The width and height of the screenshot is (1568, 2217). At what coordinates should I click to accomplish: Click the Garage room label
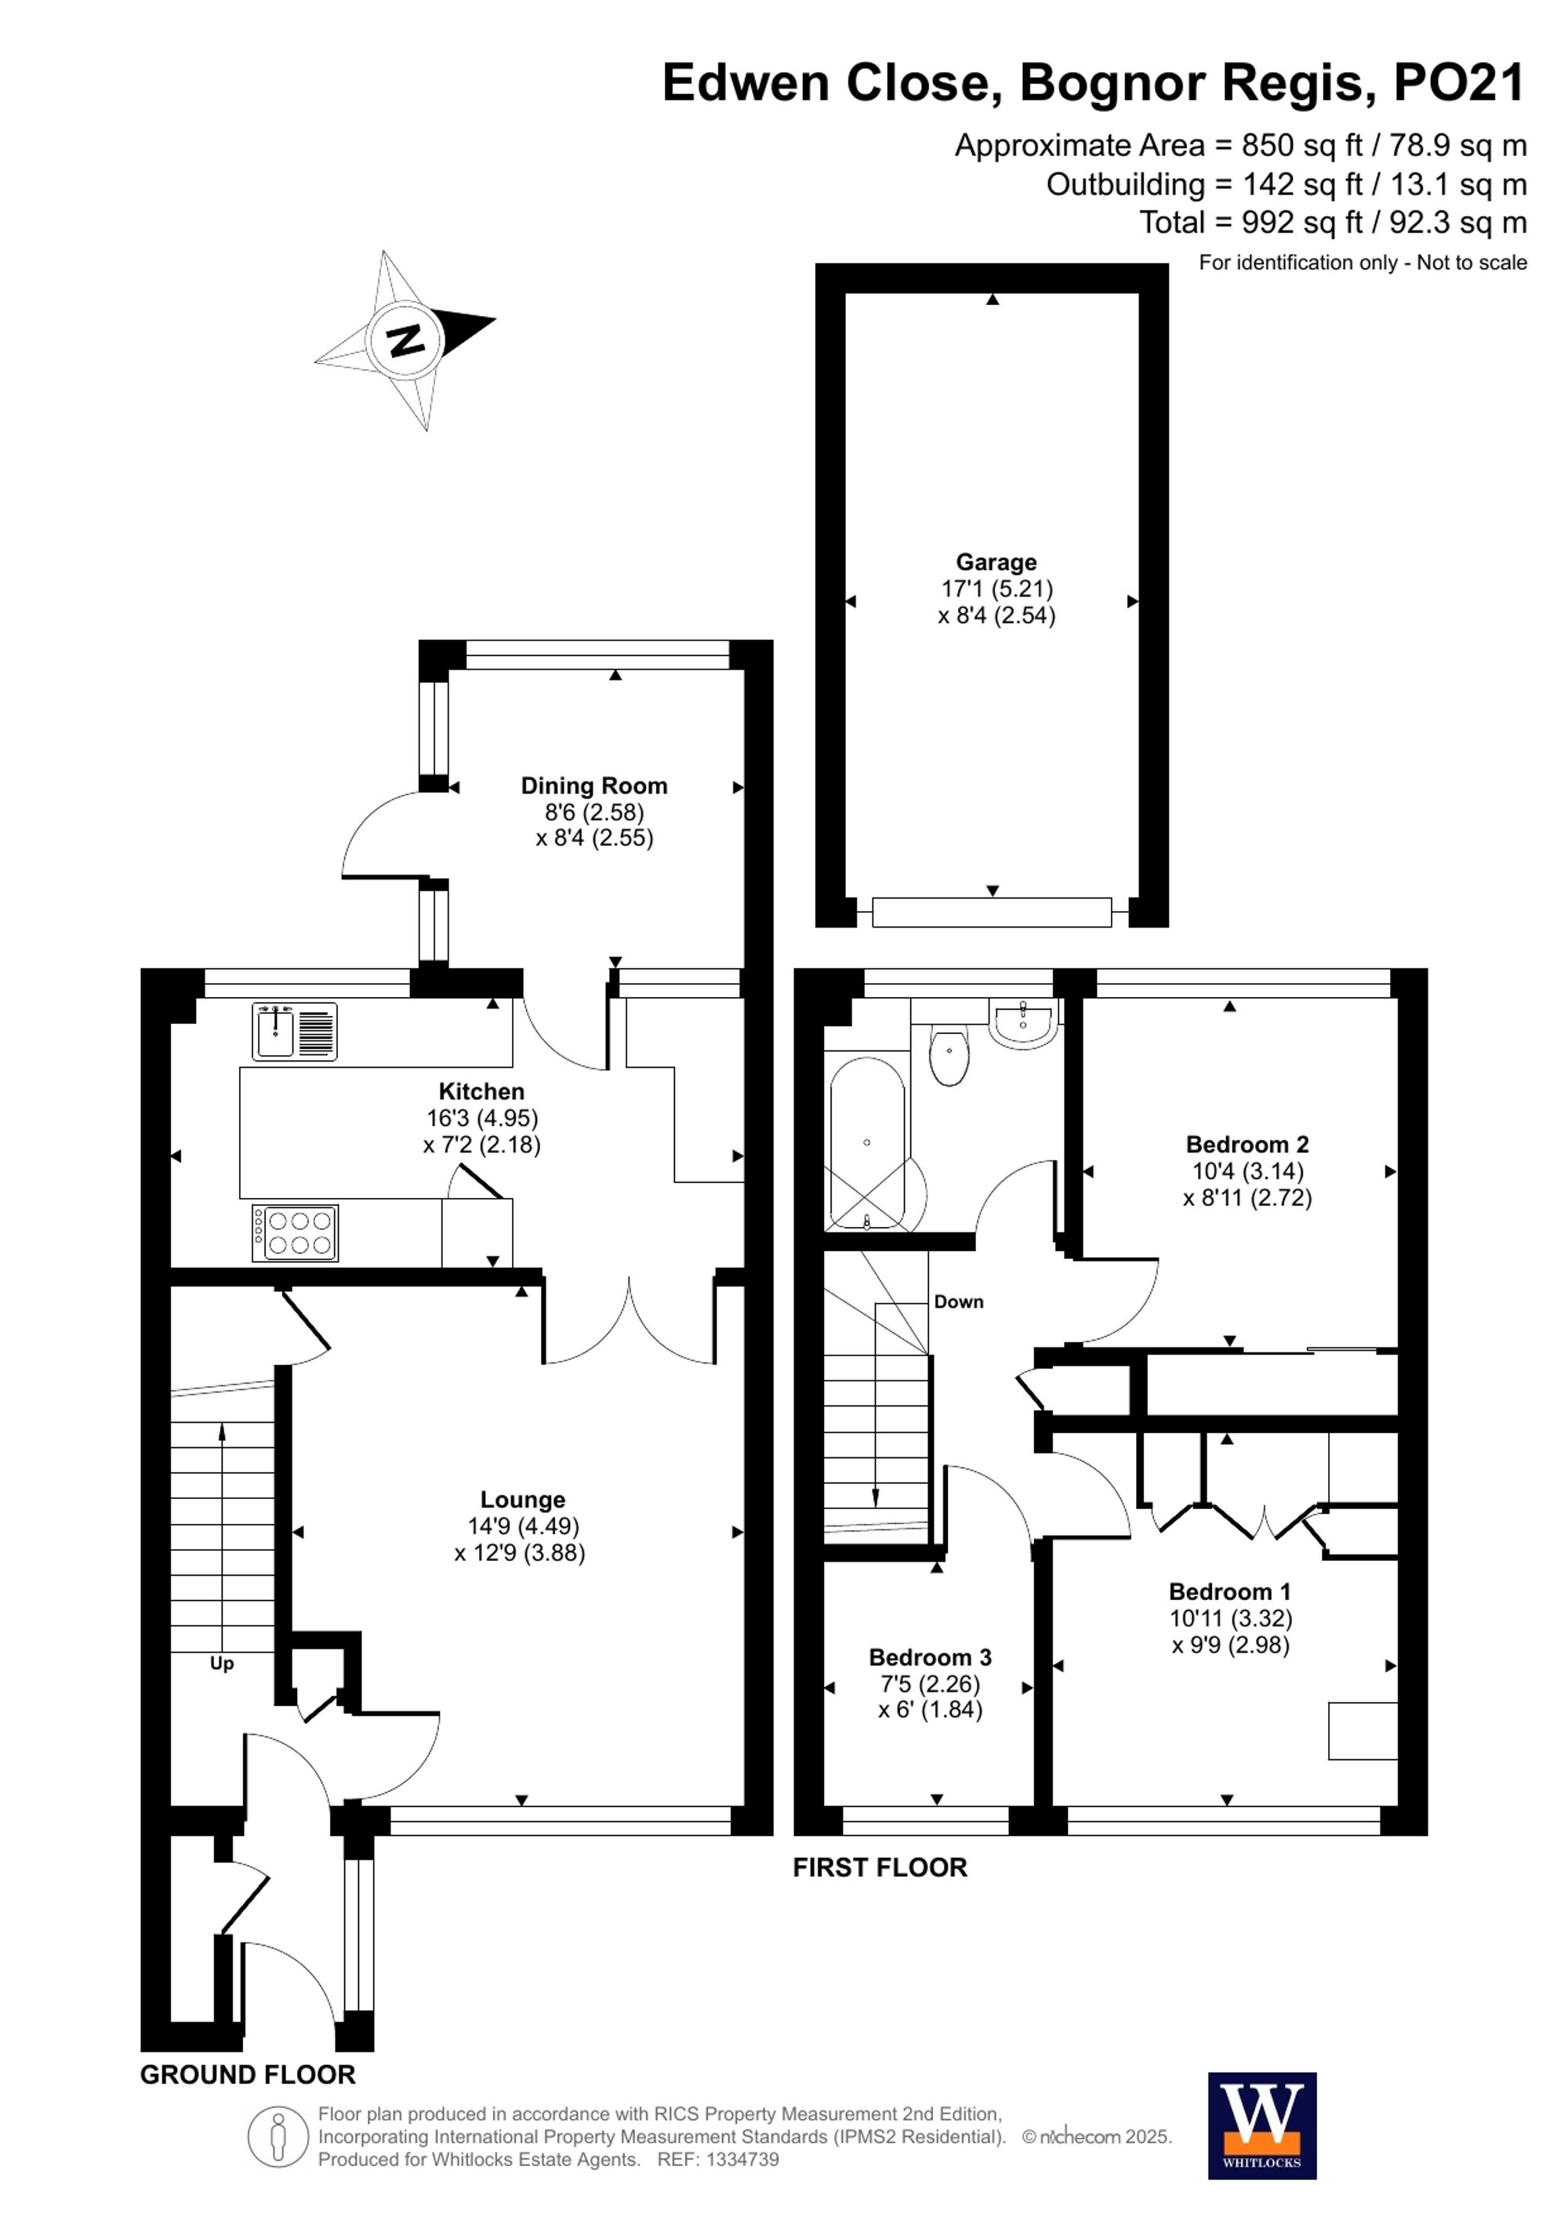tap(996, 562)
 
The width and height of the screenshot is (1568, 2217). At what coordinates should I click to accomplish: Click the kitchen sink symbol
tap(296, 1031)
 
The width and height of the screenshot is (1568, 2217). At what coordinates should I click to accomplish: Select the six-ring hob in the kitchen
tap(296, 1233)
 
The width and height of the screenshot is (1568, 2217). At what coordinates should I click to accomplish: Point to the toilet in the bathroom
tap(949, 1056)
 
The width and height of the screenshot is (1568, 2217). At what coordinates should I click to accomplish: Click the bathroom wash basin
tap(1023, 1024)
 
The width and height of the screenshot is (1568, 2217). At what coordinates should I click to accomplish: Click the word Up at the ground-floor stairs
tap(221, 1663)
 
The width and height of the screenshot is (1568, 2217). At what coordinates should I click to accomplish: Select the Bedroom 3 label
tap(930, 1657)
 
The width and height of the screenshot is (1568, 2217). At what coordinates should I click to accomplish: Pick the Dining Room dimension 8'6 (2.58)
tap(593, 812)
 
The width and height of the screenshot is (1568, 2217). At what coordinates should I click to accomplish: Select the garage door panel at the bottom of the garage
tap(992, 912)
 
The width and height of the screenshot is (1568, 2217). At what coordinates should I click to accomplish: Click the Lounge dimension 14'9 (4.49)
tap(523, 1526)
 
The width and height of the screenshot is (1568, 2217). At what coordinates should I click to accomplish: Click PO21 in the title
tap(1459, 83)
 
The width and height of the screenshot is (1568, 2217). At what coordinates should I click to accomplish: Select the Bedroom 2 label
tap(1247, 1145)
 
